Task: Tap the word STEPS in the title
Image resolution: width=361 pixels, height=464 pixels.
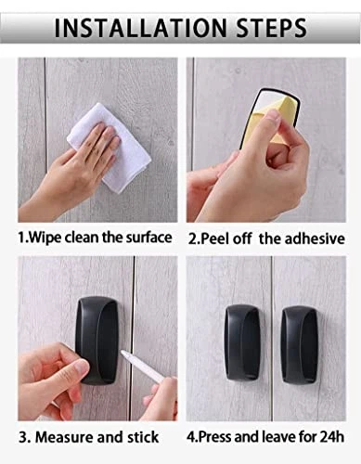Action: [272, 28]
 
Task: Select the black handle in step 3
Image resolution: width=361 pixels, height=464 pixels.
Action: [97, 341]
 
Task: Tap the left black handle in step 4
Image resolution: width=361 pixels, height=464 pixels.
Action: [242, 342]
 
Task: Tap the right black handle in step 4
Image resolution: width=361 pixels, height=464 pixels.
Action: [300, 342]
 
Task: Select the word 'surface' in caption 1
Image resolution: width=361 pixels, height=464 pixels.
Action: [148, 238]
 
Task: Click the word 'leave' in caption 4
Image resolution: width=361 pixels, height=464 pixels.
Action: [278, 437]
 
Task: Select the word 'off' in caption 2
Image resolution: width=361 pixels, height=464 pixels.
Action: [242, 238]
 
